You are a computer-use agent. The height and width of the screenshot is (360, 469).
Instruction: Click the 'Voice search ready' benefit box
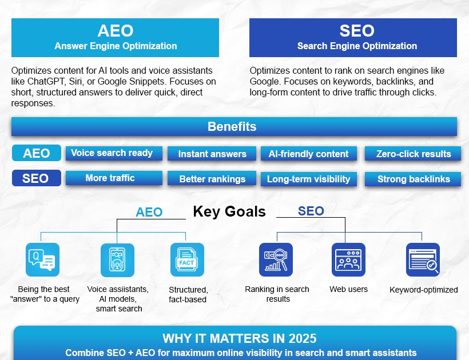[114, 153]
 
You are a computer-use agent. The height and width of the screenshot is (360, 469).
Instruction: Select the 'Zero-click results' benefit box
[413, 154]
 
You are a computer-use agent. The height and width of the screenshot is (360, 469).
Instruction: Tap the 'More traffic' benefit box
[114, 178]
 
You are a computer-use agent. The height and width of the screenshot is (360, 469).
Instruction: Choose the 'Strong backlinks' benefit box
[413, 179]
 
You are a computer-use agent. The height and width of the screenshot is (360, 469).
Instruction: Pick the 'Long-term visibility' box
[309, 179]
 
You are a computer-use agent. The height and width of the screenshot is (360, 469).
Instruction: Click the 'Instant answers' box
[212, 154]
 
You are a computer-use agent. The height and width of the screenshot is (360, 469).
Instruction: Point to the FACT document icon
[187, 259]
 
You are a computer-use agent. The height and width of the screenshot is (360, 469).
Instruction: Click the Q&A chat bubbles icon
[42, 259]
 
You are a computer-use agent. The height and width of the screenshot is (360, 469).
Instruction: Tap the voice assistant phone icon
[117, 260]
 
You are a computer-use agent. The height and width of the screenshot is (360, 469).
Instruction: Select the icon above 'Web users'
[348, 259]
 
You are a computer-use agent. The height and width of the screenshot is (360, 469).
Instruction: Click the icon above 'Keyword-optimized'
[423, 259]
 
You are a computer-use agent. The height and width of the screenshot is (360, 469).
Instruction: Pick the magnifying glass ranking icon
[276, 259]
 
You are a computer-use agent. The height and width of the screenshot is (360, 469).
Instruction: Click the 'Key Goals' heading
[229, 212]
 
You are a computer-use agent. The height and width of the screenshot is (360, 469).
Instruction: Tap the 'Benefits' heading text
[232, 127]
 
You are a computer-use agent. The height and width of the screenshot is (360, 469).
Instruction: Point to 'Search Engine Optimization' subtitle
[357, 46]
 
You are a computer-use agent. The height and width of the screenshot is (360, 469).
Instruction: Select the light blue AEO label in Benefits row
[37, 153]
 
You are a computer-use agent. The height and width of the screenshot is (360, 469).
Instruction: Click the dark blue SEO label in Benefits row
[37, 178]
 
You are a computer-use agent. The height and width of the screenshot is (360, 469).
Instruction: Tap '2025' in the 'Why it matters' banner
[303, 339]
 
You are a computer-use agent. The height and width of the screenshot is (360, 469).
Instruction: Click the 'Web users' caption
[349, 289]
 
